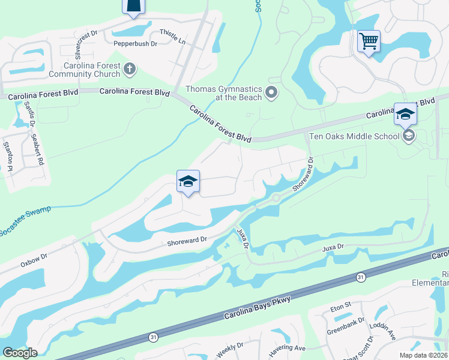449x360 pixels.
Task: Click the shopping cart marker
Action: pos(369,42)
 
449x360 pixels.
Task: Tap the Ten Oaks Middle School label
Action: pos(354,136)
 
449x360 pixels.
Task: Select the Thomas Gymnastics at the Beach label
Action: pos(223,93)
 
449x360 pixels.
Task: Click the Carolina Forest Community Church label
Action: pos(92,70)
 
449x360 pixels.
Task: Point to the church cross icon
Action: pos(129,70)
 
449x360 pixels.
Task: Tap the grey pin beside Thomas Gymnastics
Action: pos(271,92)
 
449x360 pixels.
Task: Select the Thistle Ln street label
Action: pos(172,35)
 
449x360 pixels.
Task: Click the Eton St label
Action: pos(340,307)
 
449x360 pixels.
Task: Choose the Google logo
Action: pos(20,353)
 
